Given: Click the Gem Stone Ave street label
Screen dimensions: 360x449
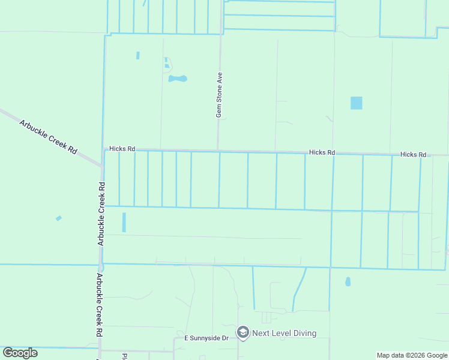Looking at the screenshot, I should (x=220, y=95).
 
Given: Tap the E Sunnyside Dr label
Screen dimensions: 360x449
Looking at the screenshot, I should (x=206, y=338).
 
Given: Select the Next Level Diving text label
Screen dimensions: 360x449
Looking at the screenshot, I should (x=284, y=333).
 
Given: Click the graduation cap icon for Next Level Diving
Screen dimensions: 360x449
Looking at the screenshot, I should (x=243, y=332).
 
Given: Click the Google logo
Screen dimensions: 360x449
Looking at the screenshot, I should (x=20, y=353).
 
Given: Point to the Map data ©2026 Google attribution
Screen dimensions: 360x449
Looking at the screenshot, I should (x=412, y=355).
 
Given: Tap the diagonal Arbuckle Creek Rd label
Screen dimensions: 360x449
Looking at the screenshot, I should (x=49, y=137).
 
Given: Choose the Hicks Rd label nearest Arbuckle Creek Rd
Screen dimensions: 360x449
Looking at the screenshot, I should (x=122, y=148).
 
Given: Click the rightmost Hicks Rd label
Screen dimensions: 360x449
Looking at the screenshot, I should (x=413, y=154).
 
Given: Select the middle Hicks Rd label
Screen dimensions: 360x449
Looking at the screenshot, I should (x=322, y=152).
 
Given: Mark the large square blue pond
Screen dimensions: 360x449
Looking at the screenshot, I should (x=357, y=103).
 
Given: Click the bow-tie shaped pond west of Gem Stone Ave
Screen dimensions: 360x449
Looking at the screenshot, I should (x=178, y=79).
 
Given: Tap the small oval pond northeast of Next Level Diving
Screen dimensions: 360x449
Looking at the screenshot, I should (x=348, y=281).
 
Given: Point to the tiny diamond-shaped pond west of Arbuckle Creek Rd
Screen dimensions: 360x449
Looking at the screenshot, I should (x=58, y=218).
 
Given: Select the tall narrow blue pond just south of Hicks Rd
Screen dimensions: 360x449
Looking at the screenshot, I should (x=124, y=222).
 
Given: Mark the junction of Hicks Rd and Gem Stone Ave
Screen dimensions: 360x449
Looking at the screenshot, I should (x=218, y=151).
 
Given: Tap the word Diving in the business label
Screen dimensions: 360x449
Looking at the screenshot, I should (x=303, y=333).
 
